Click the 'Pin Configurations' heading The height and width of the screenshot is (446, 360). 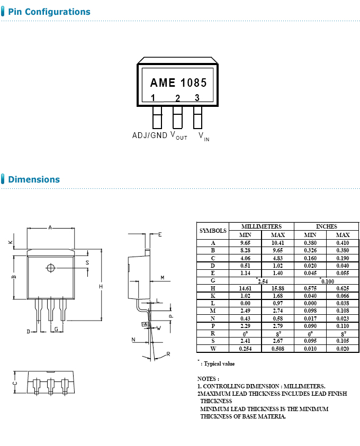[x=49, y=12]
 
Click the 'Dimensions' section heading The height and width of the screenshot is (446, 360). [x=34, y=179]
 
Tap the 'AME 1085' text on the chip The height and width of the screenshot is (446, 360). [x=178, y=83]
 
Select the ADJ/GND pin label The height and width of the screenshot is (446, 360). [x=149, y=135]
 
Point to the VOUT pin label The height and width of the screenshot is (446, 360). [x=178, y=136]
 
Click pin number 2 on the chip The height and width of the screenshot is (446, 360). [x=177, y=98]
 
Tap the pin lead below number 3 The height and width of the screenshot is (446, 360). [x=197, y=117]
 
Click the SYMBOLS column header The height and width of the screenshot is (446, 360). [x=212, y=231]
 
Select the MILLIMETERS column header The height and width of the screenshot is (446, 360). [x=261, y=226]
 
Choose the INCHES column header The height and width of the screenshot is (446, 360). [x=326, y=226]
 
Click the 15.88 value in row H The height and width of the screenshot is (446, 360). [x=277, y=288]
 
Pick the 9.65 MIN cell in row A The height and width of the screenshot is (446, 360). [x=245, y=243]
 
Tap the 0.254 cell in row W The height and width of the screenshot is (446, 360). [x=245, y=349]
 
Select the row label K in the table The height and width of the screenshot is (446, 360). [x=212, y=296]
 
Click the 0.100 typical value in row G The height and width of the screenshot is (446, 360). [x=327, y=281]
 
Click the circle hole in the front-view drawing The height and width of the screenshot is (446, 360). [x=50, y=268]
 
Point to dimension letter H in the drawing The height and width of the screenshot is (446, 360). [x=100, y=286]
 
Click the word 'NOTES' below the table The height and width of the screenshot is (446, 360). [x=207, y=379]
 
